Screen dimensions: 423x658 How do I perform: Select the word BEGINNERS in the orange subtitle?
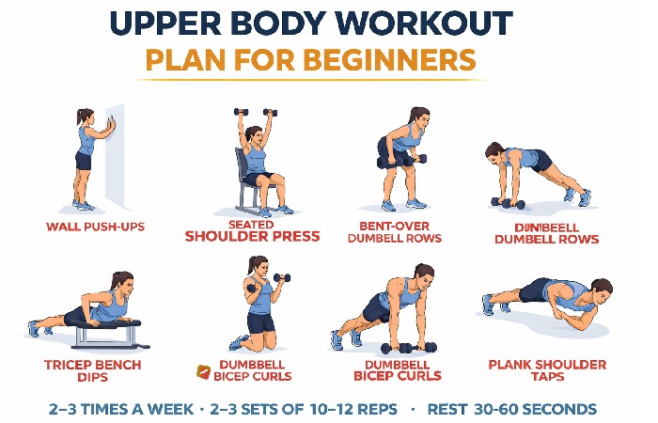[394, 60]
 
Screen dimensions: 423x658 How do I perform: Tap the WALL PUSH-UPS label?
[96, 227]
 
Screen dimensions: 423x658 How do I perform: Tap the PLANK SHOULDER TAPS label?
[547, 370]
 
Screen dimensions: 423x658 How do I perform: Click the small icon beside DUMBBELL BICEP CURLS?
[200, 370]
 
